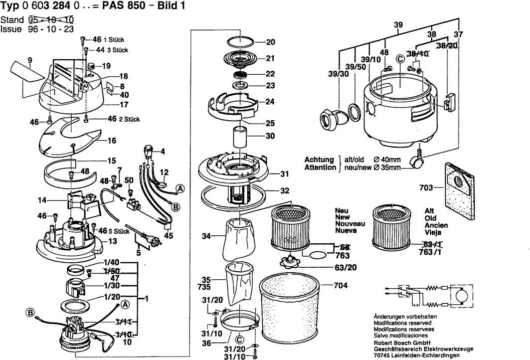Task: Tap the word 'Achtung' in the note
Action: [x=320, y=160]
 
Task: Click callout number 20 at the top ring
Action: [x=271, y=42]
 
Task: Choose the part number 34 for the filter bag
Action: [x=205, y=236]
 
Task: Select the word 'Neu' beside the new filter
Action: [x=342, y=210]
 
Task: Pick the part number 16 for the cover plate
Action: [x=112, y=141]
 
